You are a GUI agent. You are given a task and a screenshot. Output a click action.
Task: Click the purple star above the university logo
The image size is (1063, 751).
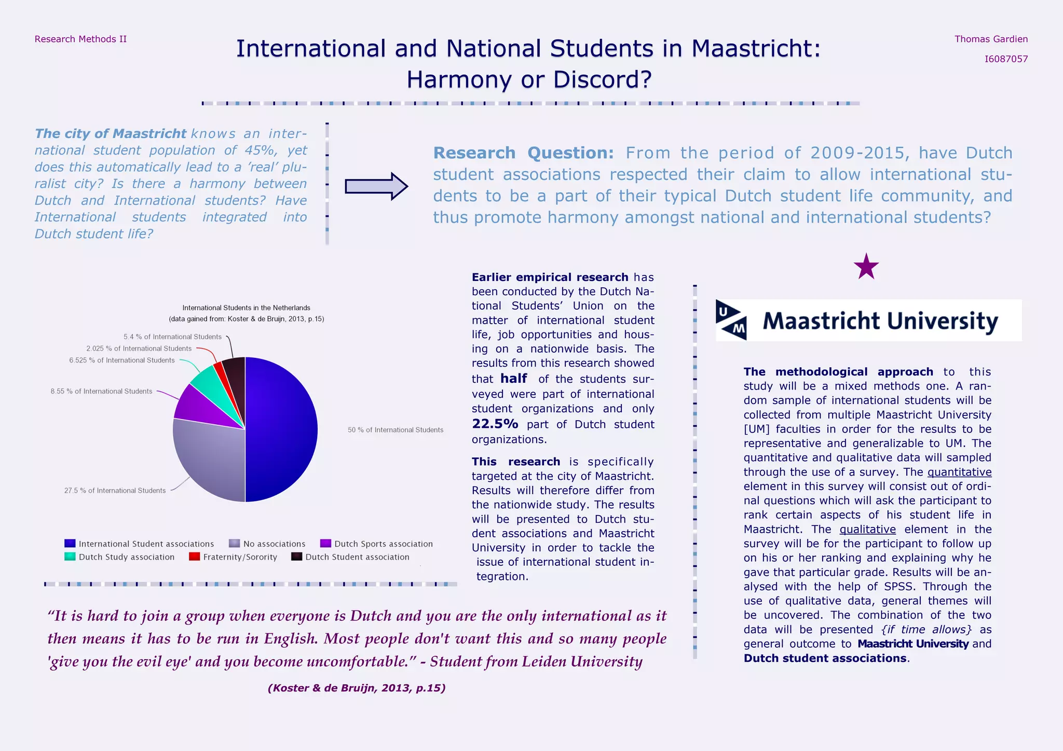point(866,268)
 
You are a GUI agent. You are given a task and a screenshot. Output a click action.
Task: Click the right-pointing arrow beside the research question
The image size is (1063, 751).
point(376,186)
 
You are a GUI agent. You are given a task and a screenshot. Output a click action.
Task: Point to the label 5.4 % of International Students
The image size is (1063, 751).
point(172,337)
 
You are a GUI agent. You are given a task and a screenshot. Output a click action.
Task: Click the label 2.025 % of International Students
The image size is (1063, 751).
point(139,349)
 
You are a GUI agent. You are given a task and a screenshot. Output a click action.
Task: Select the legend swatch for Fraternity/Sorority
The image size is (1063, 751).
point(194,557)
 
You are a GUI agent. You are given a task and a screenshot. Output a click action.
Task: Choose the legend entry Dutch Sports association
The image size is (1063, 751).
point(383,544)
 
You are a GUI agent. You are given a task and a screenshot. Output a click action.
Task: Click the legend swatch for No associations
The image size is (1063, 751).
point(234,544)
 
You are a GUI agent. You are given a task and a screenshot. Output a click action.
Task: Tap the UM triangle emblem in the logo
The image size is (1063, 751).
point(731,320)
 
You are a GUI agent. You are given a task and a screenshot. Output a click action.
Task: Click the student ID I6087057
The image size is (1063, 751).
point(1006,59)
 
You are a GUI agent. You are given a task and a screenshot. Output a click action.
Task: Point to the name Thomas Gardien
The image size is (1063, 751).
point(991,39)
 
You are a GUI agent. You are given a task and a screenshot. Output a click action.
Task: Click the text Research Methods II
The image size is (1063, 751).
point(80,39)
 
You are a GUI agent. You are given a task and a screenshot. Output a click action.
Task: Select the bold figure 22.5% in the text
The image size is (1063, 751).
point(495,424)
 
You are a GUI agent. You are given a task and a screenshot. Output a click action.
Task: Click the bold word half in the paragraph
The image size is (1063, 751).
point(513,379)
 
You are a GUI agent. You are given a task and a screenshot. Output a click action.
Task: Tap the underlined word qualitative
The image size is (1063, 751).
point(867,530)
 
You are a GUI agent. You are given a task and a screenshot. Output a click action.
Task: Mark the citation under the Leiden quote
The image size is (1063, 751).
point(357,688)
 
